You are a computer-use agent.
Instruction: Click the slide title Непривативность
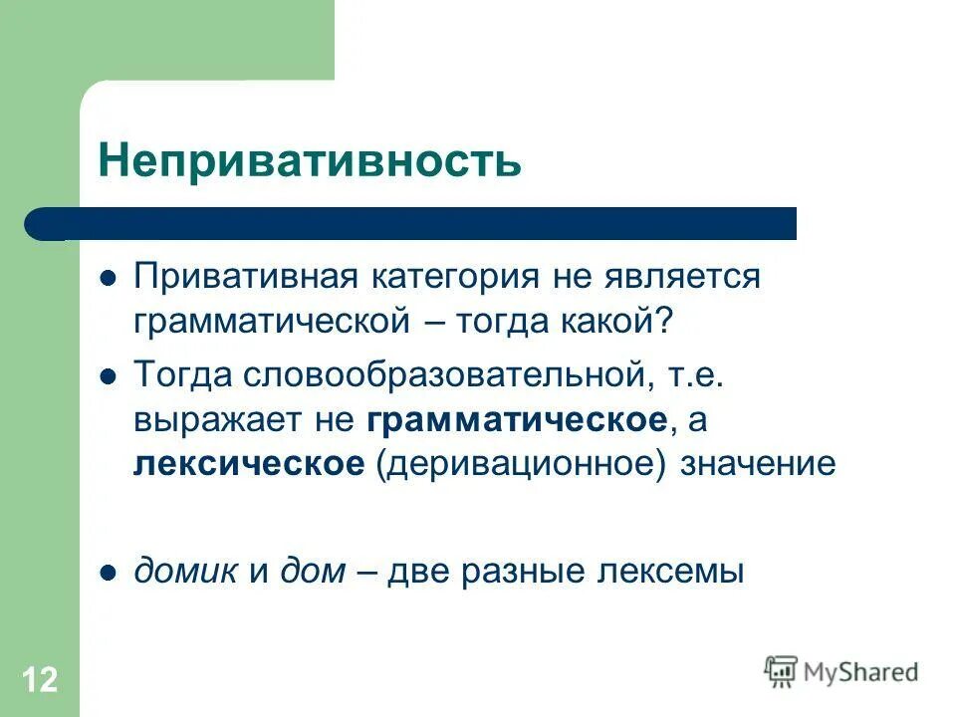(309, 160)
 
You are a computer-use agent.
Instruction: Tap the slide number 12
(39, 681)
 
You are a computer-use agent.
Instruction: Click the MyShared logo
(841, 671)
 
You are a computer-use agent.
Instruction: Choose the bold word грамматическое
(516, 419)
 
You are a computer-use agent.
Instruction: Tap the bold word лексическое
(249, 463)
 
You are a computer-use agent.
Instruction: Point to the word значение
(758, 463)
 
